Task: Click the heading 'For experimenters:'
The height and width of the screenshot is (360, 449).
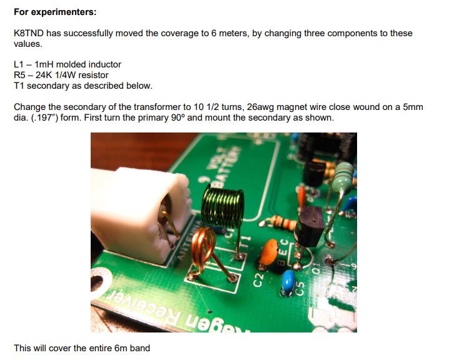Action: (55, 12)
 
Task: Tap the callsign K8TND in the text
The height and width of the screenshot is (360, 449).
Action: (29, 33)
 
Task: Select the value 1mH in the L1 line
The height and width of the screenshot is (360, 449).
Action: (44, 64)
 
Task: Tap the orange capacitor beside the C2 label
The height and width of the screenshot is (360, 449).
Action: (269, 252)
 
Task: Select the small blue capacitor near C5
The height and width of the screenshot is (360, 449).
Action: (288, 281)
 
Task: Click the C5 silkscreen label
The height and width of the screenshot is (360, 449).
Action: (300, 289)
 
